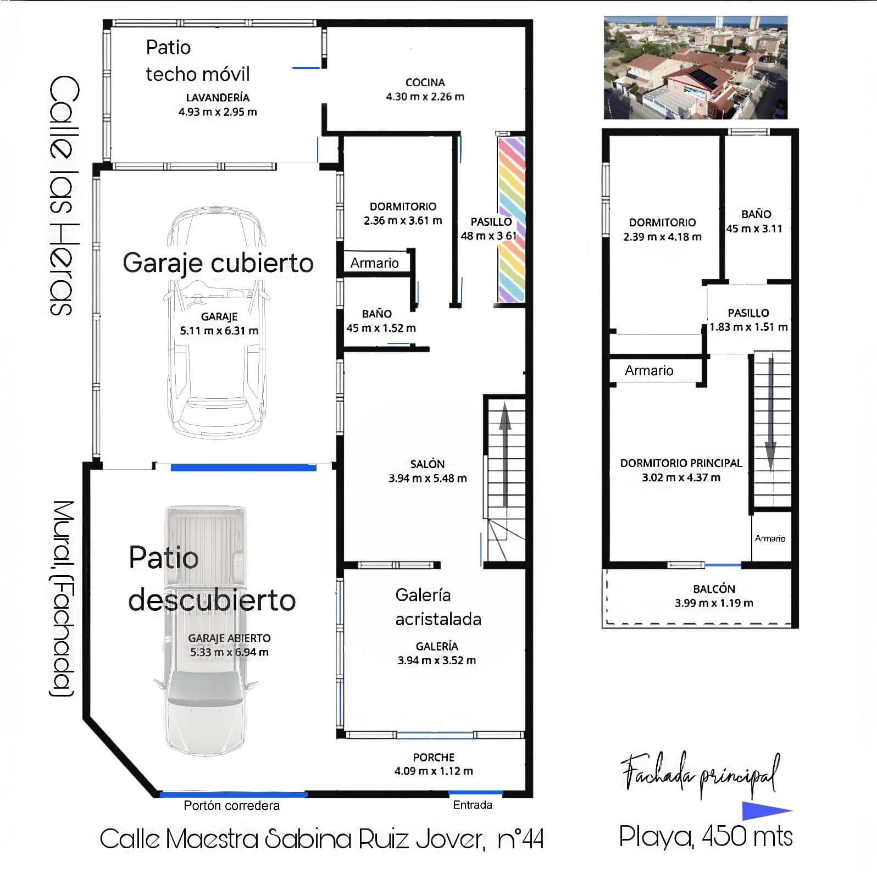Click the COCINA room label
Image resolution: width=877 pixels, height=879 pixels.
tap(425, 82)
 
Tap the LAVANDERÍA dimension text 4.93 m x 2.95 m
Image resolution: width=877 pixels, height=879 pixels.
tap(218, 112)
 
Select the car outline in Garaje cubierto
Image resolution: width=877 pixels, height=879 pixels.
tap(218, 324)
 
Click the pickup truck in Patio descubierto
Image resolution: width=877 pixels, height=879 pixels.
tap(206, 632)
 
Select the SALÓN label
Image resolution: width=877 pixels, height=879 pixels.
tap(427, 464)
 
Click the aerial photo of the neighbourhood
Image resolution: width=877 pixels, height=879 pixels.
tap(695, 68)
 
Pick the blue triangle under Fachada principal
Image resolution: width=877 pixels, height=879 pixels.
tap(765, 811)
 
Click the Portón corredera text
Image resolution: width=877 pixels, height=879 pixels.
tap(231, 805)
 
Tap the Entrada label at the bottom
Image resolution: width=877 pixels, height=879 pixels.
tap(472, 805)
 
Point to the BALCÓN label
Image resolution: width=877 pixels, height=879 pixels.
tap(714, 589)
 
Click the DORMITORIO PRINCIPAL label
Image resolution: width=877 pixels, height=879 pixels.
tap(681, 463)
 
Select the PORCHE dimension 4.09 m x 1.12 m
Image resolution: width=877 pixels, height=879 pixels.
tap(433, 771)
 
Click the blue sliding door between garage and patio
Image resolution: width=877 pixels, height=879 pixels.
tap(243, 468)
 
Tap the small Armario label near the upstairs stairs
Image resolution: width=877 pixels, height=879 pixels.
tap(770, 538)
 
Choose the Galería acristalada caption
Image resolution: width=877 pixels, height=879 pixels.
tap(438, 607)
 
